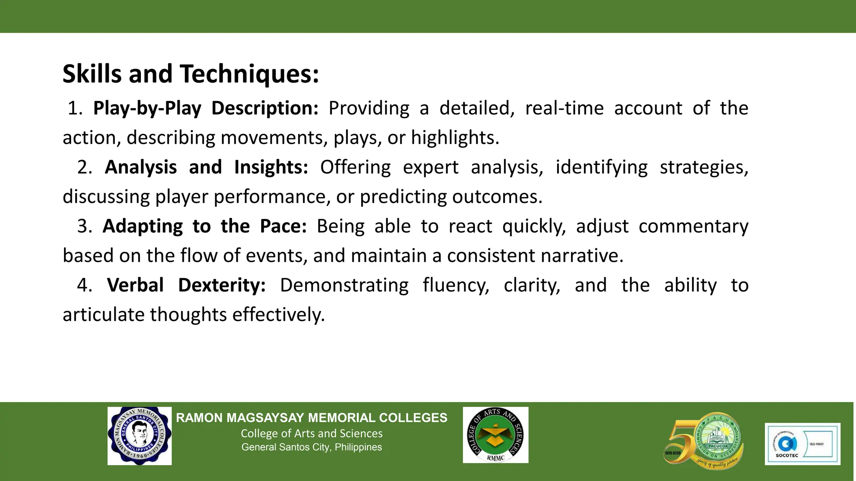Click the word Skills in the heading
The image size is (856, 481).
point(92,74)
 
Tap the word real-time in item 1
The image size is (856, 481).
point(564,109)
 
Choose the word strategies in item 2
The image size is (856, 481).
point(704,167)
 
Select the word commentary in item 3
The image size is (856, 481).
point(693,226)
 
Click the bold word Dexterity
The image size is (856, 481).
point(222,286)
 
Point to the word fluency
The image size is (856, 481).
point(456,286)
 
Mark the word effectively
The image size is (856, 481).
point(278,315)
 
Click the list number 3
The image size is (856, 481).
point(84,226)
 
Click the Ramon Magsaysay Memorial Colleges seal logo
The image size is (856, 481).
point(140,436)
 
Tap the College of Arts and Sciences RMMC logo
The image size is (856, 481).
point(495,435)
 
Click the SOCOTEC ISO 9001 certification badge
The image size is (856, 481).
point(802,444)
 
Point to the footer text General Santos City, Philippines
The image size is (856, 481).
point(311,447)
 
